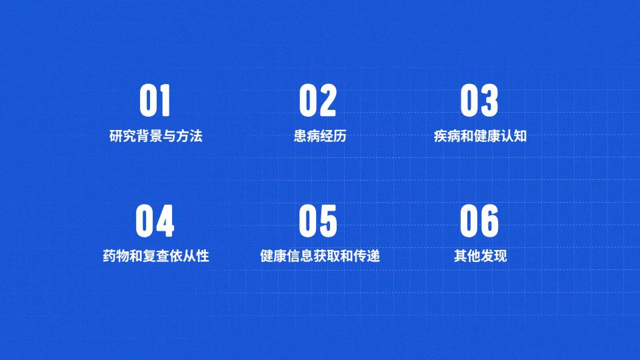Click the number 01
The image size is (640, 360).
155,101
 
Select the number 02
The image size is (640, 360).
318,101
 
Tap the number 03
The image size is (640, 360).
479,101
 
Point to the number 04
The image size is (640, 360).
155,221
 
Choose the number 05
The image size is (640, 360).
318,221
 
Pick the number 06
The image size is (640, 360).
479,221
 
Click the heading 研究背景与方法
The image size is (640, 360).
156,136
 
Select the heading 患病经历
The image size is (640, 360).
320,136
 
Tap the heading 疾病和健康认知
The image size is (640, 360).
480,136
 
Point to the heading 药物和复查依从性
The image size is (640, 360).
156,256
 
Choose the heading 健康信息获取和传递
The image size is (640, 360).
320,256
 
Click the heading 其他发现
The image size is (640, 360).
481,256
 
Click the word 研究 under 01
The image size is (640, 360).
123,136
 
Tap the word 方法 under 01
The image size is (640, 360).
189,136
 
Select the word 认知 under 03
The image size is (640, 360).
514,136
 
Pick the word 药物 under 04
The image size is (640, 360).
116,256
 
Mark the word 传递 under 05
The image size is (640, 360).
367,256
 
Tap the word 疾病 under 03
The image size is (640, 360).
447,136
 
